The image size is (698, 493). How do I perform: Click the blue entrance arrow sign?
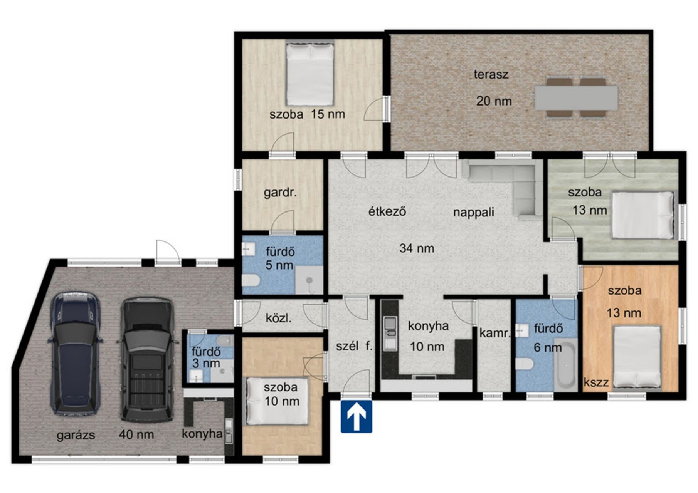pos(356,416)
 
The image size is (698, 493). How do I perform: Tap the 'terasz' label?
pos(491,74)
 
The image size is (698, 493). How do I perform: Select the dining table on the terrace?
pos(576,98)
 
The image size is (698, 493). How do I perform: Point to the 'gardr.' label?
pos(280,193)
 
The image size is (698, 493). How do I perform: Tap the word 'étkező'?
pos(387,211)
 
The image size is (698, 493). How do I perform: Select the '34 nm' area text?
pos(417,248)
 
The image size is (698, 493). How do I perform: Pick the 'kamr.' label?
pos(494,334)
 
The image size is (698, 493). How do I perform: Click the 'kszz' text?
pos(596,382)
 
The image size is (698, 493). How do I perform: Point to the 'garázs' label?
pos(76,435)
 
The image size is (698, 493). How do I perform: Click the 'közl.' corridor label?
pos(278,319)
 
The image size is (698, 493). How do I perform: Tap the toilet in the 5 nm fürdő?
pos(250,280)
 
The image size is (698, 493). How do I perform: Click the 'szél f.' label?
pos(354,346)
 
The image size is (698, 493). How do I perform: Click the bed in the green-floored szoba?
pos(644,215)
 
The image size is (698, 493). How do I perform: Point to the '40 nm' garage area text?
pos(136,435)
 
